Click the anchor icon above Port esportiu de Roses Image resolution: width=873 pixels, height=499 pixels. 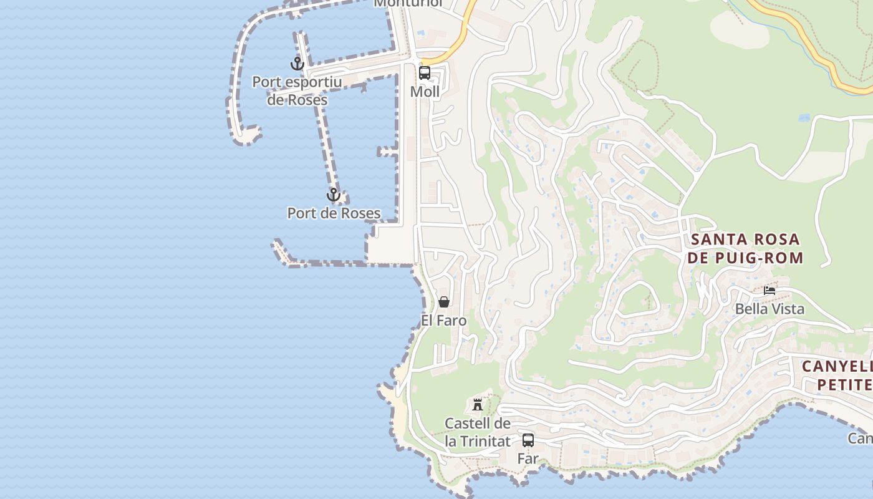pos(297,64)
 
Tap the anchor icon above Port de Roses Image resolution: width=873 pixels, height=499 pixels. pos(334,195)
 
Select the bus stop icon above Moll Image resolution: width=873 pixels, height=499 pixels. pos(425,73)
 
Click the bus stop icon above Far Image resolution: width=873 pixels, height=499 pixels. pos(528,440)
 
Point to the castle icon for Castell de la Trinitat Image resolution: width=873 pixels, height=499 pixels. pos(478,404)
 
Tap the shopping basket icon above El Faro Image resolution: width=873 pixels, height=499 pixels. pos(444,303)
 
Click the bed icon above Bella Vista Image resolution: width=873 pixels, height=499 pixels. pos(769,290)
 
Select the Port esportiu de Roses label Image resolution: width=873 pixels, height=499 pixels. pos(297,91)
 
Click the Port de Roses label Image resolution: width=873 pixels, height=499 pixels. pos(334,213)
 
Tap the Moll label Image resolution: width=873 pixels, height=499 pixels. pos(425,92)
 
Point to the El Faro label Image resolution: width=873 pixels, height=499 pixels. pos(444,321)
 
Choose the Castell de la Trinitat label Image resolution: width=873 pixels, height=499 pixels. pos(478,432)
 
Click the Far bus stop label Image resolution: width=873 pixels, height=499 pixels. pos(528,458)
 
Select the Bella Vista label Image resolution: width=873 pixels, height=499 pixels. pos(769,309)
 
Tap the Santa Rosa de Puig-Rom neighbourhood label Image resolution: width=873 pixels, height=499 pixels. pos(746,248)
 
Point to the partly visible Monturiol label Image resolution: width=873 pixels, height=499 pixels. pos(408,4)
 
